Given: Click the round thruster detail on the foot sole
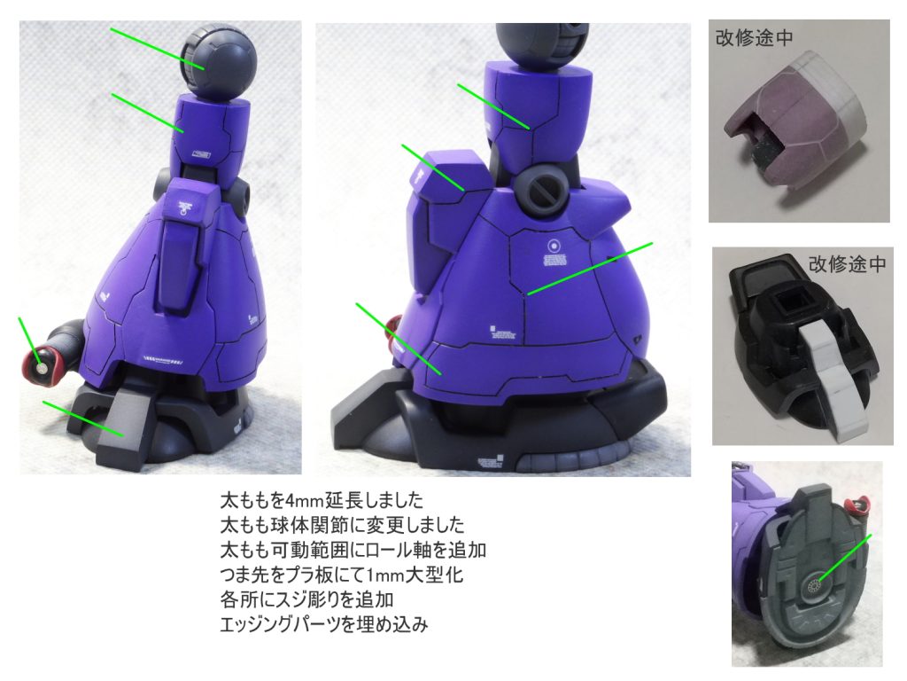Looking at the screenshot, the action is [816, 587].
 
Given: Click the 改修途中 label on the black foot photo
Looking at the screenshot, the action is [848, 264].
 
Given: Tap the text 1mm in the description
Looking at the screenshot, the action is [386, 575].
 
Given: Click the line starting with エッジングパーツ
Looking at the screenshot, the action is [324, 625].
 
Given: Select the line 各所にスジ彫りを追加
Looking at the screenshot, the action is [306, 599].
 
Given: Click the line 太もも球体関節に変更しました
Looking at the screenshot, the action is [342, 525].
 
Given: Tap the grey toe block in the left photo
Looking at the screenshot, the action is [121, 427].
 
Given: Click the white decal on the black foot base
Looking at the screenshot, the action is [490, 462].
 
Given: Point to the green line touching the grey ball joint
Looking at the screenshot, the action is [158, 49].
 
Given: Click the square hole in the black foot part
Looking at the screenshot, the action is [787, 301].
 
